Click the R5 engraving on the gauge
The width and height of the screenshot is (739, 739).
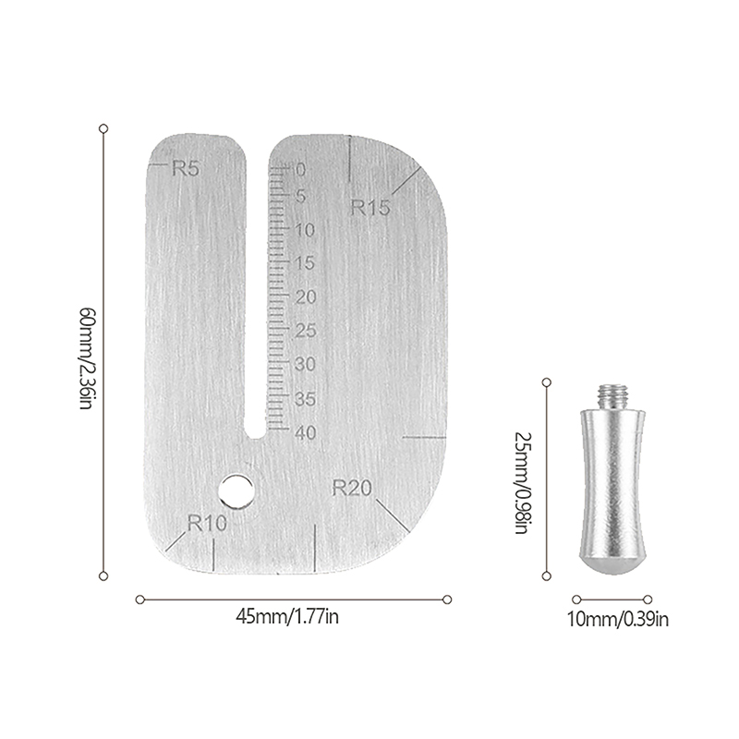(x=186, y=168)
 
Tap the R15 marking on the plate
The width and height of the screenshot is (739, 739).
(x=370, y=207)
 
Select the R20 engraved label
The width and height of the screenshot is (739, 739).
(x=352, y=488)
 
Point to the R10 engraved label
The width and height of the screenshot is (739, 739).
(x=207, y=523)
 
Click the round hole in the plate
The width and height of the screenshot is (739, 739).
(x=236, y=492)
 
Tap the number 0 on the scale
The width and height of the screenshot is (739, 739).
(x=301, y=170)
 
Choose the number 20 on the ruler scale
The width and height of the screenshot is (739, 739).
(x=306, y=297)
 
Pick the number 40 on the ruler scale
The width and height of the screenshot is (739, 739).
(x=306, y=432)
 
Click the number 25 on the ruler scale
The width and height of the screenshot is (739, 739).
(x=306, y=331)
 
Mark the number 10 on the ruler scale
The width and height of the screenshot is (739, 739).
(x=305, y=230)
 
